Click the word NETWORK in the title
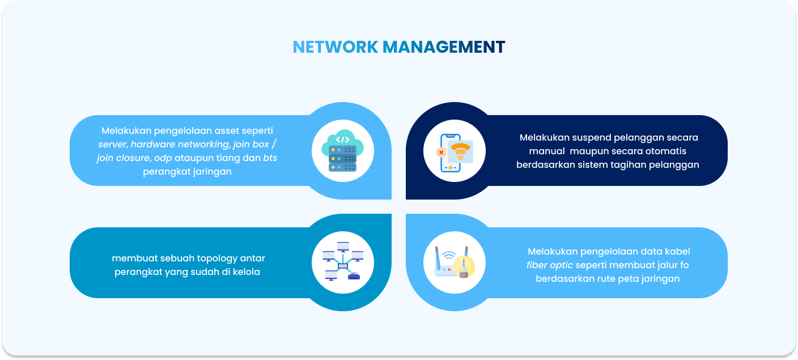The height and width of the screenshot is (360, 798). click(335, 47)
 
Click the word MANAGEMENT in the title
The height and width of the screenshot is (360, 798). click(443, 47)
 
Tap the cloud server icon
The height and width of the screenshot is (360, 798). click(343, 151)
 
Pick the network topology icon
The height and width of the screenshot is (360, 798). click(343, 262)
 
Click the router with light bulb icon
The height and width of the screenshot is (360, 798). click(455, 262)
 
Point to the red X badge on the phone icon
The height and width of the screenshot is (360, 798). click(441, 153)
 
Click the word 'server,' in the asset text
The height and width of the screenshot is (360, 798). click(113, 145)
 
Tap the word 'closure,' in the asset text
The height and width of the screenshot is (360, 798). click(134, 158)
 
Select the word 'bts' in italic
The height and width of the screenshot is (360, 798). click(270, 158)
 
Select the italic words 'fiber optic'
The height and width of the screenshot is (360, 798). click(550, 265)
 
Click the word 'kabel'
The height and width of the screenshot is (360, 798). click(676, 252)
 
